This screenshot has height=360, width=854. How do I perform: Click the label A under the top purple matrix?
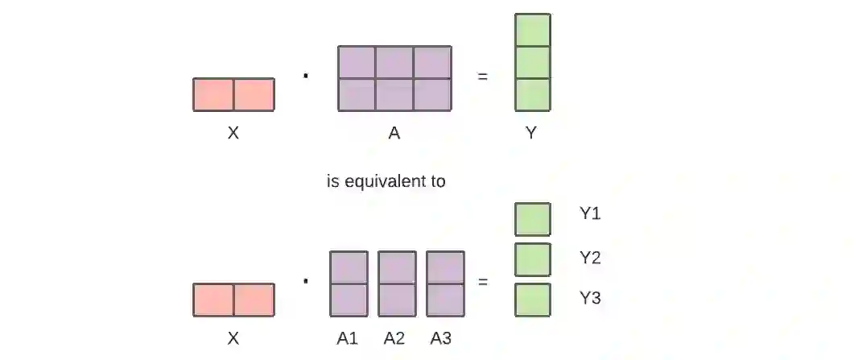[394, 134]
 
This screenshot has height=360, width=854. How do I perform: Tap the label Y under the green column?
[531, 134]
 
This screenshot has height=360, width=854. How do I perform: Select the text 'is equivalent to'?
[386, 181]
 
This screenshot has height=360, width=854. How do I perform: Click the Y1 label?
[590, 213]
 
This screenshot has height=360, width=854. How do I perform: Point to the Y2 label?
[590, 258]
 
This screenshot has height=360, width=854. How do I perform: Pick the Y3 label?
[590, 299]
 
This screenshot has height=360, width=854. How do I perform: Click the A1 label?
[348, 338]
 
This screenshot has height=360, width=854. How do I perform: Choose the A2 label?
[394, 338]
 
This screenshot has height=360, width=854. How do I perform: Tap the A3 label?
[441, 338]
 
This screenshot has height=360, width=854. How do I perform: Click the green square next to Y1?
[533, 219]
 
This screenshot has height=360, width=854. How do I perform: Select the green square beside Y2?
[533, 259]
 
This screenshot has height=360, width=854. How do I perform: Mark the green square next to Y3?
[533, 300]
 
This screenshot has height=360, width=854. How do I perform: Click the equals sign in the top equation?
[483, 77]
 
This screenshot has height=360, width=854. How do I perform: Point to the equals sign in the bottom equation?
[483, 282]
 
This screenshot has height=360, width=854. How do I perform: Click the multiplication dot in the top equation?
[306, 77]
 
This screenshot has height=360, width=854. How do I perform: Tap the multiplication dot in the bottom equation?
[306, 281]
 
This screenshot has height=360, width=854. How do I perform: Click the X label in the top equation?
[233, 134]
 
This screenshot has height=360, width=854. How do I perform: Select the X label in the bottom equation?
[233, 338]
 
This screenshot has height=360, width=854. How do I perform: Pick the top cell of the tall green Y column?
[533, 30]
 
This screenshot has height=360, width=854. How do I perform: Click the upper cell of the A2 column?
[397, 267]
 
